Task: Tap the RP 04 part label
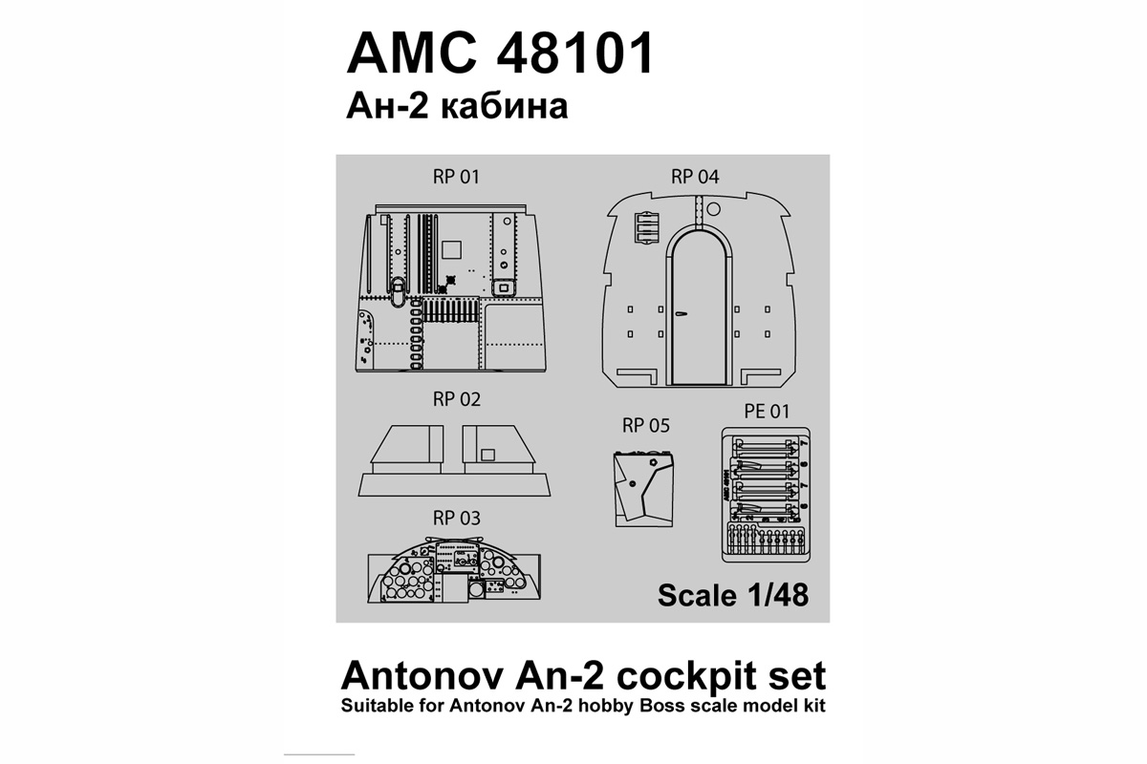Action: (695, 177)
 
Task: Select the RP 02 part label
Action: (457, 399)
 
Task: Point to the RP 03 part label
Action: (457, 519)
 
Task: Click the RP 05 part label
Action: (646, 426)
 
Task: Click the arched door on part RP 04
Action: (701, 306)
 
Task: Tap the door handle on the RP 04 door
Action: (681, 311)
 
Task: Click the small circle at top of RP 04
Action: (720, 207)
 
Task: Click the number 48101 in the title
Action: (561, 54)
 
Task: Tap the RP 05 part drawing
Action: (646, 485)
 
